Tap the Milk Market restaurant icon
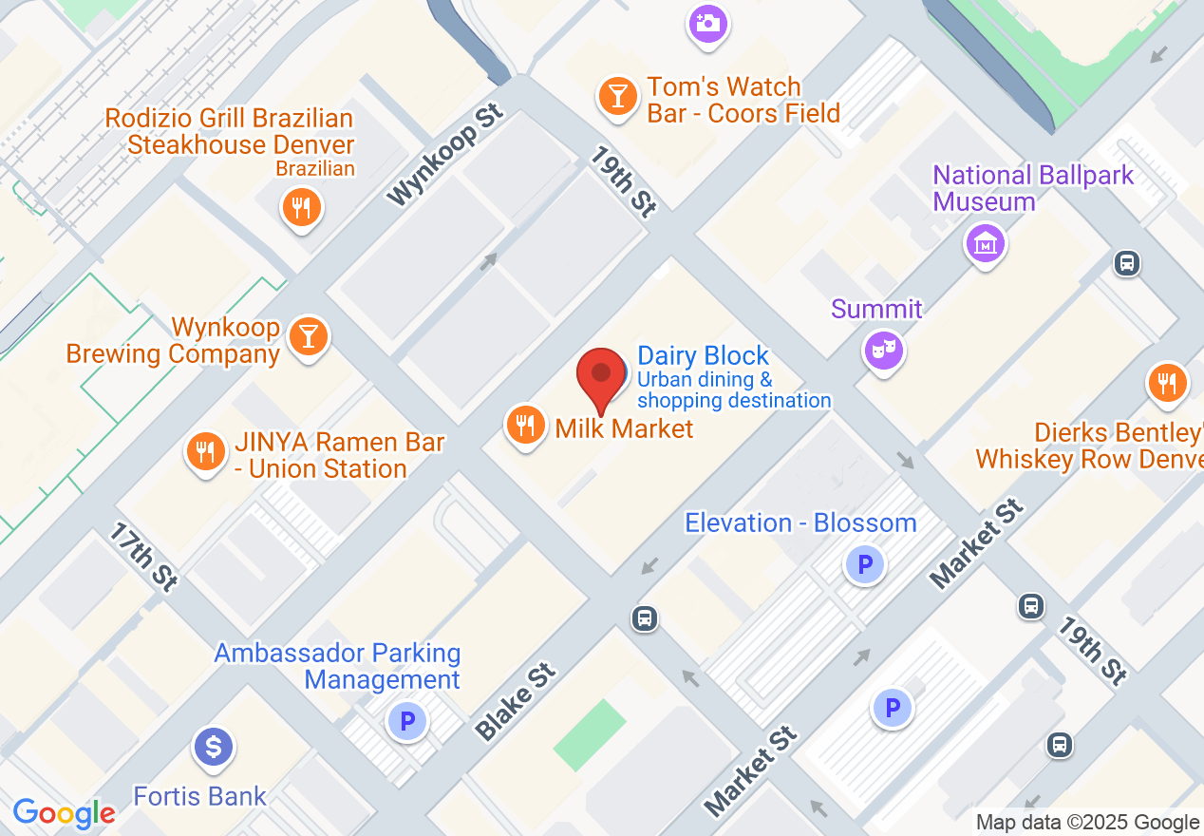click(524, 424)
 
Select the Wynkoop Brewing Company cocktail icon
click(308, 335)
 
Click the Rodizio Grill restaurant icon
click(302, 206)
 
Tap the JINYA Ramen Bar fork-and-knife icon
click(205, 450)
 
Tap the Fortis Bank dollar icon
click(214, 746)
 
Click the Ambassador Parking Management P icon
click(407, 721)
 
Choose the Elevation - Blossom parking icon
click(865, 565)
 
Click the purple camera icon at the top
click(707, 23)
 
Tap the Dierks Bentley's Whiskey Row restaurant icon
click(1167, 383)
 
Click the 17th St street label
click(142, 557)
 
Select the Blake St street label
click(515, 703)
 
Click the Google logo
click(64, 813)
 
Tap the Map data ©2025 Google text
click(1087, 823)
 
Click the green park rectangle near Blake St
click(590, 734)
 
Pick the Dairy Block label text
click(703, 356)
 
